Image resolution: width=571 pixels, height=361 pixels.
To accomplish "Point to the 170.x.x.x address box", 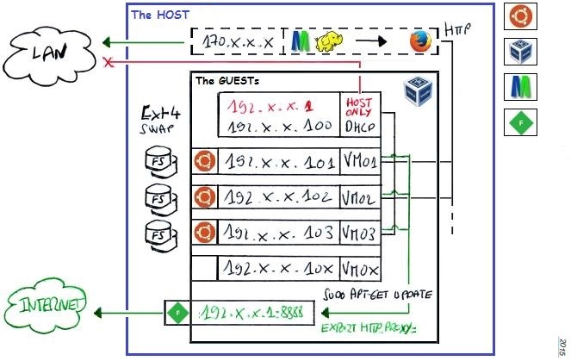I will pyautogui.click(x=238, y=42).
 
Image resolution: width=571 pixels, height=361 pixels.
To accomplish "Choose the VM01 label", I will pyautogui.click(x=358, y=161).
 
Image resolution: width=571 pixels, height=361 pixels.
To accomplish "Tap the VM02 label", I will pyautogui.click(x=358, y=197).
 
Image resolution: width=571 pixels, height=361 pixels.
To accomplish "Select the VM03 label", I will pyautogui.click(x=358, y=233).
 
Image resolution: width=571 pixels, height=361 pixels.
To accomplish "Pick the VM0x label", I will pyautogui.click(x=358, y=269).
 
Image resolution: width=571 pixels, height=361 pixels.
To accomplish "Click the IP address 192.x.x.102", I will pyautogui.click(x=276, y=197).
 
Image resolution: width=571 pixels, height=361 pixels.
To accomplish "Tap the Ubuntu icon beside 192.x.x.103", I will pyautogui.click(x=203, y=233).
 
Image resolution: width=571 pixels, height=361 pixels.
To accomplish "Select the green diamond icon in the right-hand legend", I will pyautogui.click(x=519, y=122).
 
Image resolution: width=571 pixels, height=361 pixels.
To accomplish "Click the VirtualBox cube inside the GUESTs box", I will pyautogui.click(x=419, y=90).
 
